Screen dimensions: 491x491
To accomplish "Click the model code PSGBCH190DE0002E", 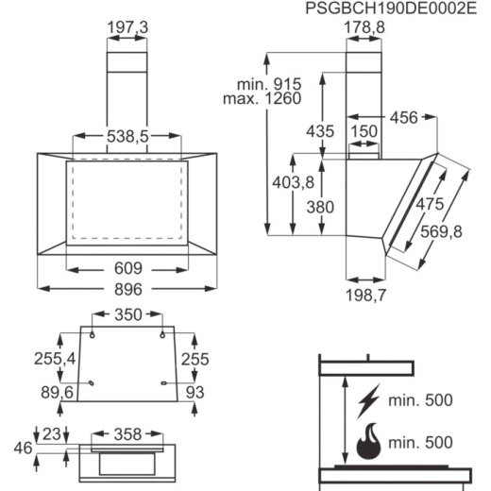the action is coord(391,8).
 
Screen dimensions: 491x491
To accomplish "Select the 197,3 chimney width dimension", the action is coord(127,27).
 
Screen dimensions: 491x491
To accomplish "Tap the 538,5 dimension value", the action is coord(127,136).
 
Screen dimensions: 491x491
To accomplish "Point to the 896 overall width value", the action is coord(128,289).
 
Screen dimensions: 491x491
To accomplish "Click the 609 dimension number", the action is coord(128,268).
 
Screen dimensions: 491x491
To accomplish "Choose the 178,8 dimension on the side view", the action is coord(364,27).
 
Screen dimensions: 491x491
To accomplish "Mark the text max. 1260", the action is coord(262,98).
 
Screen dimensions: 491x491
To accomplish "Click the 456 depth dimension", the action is coord(404,118).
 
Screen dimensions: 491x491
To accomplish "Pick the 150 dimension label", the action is coord(364,131).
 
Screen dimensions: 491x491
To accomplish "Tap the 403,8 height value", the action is coord(294,182).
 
